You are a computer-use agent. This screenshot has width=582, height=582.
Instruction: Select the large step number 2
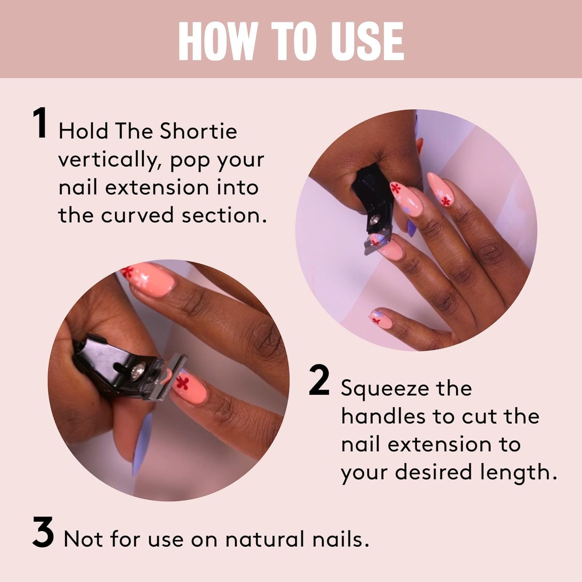(x=319, y=382)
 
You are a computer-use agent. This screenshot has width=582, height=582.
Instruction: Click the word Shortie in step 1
(x=198, y=131)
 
